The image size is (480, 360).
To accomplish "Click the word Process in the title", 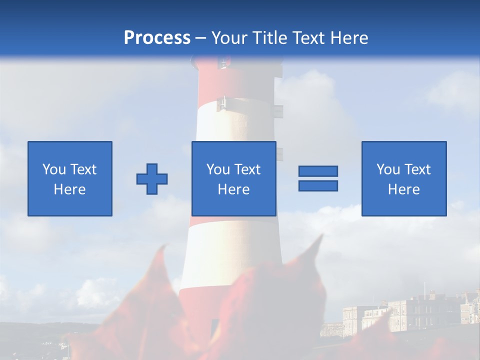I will (x=157, y=37).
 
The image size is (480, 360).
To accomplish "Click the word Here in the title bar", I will (x=351, y=37).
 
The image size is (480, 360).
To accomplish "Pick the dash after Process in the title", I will (x=200, y=38).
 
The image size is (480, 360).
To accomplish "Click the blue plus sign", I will (x=152, y=179).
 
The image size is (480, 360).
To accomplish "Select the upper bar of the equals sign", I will (x=318, y=171).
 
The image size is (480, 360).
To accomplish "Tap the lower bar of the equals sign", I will (x=318, y=185).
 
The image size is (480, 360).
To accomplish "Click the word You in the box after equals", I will (x=388, y=169).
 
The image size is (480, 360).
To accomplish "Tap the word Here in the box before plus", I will (x=70, y=189).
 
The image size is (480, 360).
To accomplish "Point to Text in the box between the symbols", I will (x=247, y=169).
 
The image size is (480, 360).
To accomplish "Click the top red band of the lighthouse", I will (x=237, y=80).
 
